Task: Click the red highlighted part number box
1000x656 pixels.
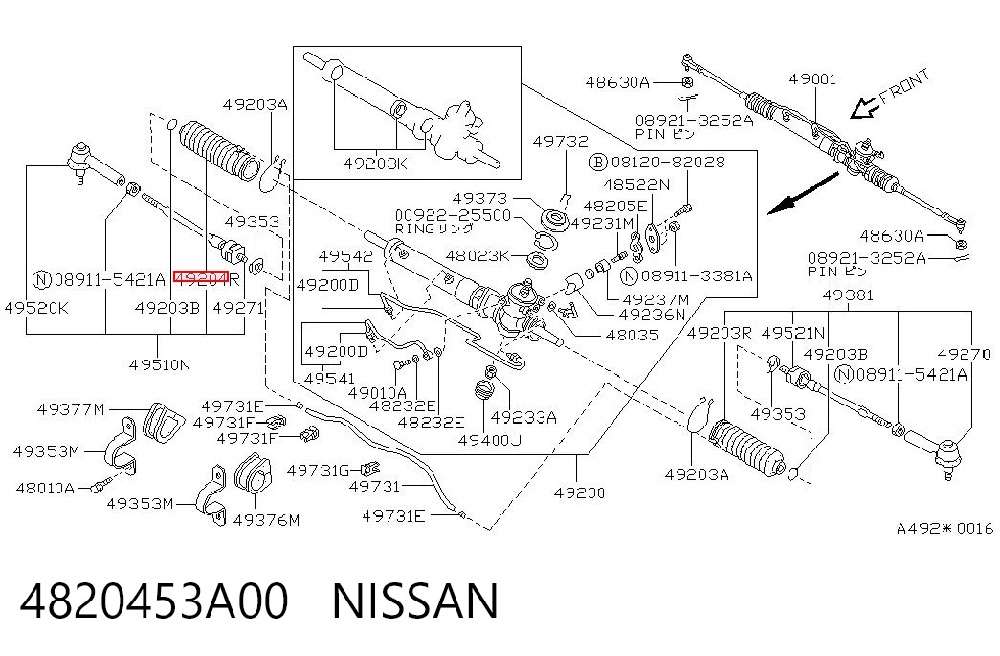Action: [x=201, y=277]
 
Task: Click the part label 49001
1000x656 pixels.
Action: [x=811, y=79]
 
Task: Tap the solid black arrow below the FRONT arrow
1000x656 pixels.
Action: [x=802, y=192]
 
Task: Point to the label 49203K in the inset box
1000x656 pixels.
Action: [x=375, y=164]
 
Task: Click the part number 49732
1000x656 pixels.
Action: [x=561, y=142]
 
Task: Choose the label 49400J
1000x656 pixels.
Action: [x=490, y=440]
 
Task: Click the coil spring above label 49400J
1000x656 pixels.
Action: [x=486, y=390]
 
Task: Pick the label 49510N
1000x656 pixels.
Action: [x=160, y=364]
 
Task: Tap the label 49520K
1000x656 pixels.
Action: [x=35, y=308]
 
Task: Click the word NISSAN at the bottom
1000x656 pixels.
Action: [x=415, y=601]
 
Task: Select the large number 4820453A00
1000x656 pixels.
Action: [x=154, y=601]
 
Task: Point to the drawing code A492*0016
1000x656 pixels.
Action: [x=944, y=528]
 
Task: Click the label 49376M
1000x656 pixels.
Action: [x=266, y=520]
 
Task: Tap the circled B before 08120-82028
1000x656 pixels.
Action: [x=597, y=162]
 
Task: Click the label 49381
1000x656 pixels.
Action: [x=848, y=295]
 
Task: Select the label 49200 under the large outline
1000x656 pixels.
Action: [x=579, y=492]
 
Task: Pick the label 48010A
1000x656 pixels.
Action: [x=45, y=489]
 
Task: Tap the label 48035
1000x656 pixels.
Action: [x=633, y=335]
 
